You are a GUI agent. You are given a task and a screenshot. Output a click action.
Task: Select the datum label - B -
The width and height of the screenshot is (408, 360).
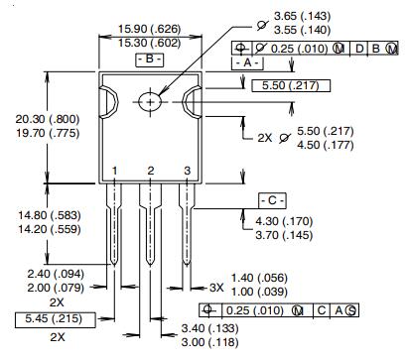coord(150,60)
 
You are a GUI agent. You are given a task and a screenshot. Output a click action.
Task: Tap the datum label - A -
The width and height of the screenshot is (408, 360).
coord(247,62)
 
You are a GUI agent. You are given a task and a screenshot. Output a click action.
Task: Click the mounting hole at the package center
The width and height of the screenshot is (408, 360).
coord(150,101)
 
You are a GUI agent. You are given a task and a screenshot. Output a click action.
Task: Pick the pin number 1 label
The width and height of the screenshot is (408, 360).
coord(115,172)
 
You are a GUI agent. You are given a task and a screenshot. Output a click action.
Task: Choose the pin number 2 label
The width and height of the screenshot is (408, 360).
coord(151,172)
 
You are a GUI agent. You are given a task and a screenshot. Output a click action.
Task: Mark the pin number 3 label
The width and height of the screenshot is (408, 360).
coord(186,172)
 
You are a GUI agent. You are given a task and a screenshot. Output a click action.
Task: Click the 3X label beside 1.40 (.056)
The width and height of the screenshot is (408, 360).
coord(215,286)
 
